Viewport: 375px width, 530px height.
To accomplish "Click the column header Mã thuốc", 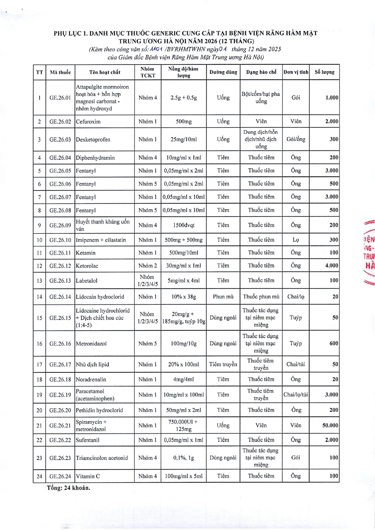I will (x=60, y=72).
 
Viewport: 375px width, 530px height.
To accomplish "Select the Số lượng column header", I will (x=325, y=72).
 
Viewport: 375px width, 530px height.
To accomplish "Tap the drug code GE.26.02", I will (x=60, y=122).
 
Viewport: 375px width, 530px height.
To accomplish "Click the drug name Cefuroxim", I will (x=88, y=122).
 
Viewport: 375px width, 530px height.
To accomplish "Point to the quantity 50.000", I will (x=330, y=425).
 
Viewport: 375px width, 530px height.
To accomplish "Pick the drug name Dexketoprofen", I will (x=93, y=140).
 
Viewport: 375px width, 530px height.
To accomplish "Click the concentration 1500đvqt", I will (x=184, y=225).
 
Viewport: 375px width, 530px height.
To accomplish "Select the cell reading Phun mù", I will (x=223, y=297).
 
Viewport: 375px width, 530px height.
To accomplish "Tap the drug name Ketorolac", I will (x=87, y=266).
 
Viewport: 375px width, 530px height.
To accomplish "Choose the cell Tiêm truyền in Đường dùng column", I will (x=223, y=364).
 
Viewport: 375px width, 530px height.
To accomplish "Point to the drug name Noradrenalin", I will (x=91, y=379).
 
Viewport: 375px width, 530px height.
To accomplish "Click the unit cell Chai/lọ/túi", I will (x=296, y=394).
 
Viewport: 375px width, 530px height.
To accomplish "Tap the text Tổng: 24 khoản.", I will (x=69, y=488).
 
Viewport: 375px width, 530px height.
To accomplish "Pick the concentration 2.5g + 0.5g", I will (x=184, y=98).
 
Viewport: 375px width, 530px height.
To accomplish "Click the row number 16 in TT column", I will (x=39, y=344).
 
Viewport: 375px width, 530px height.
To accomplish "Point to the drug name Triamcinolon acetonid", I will (x=102, y=458).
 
